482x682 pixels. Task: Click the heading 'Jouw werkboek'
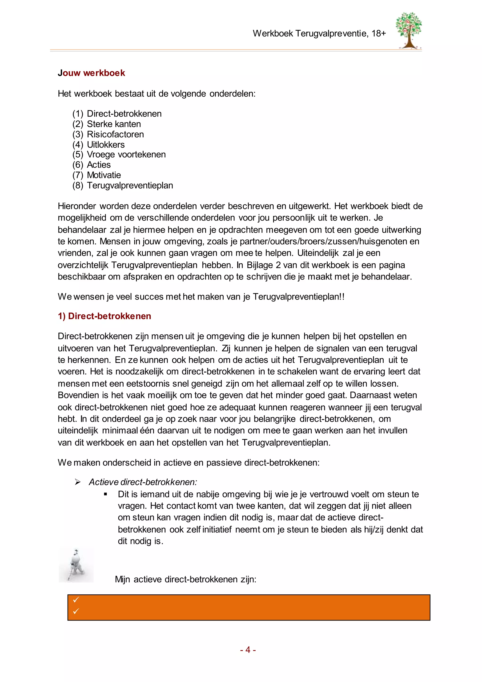tap(91, 73)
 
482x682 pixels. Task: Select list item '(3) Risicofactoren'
tap(108, 134)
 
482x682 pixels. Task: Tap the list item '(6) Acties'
tap(91, 165)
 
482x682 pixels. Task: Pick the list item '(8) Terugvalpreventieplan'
tap(123, 185)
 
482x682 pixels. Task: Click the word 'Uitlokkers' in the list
tap(106, 145)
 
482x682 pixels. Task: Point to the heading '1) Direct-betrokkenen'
tap(104, 316)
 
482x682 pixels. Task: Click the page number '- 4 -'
tap(248, 650)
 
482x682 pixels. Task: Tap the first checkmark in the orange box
tap(76, 600)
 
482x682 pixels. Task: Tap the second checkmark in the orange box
tap(76, 611)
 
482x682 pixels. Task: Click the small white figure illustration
tap(76, 565)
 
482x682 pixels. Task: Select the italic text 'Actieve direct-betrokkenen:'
tap(143, 482)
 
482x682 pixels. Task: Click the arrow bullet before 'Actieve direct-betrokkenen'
tap(78, 482)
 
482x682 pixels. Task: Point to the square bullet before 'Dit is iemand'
tap(105, 494)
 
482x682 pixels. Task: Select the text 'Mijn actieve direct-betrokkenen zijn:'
tap(185, 579)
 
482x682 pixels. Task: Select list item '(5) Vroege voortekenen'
tap(119, 154)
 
